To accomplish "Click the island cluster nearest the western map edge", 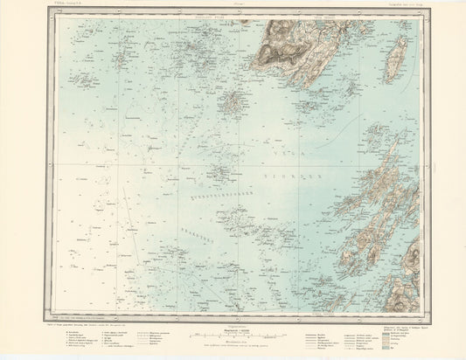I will pos(85,80).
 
